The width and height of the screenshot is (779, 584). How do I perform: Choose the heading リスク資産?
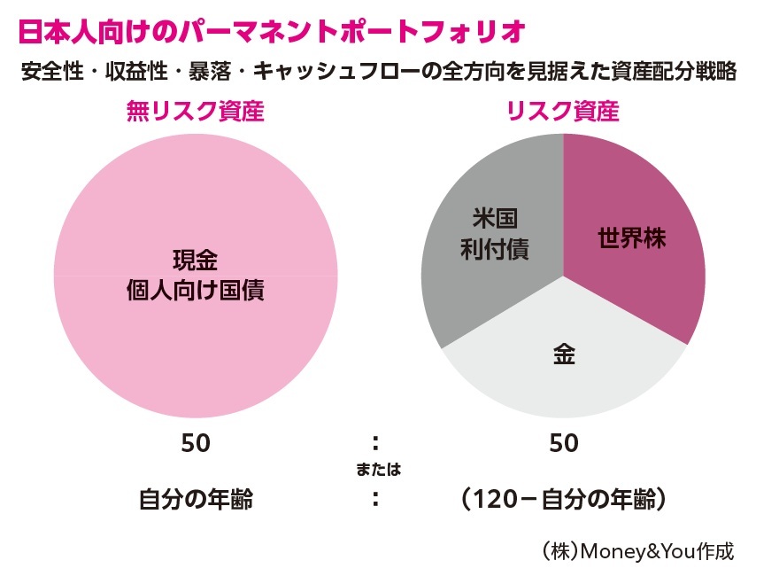pyautogui.click(x=562, y=112)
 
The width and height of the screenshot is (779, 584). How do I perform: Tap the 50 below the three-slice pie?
pyautogui.click(x=563, y=443)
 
